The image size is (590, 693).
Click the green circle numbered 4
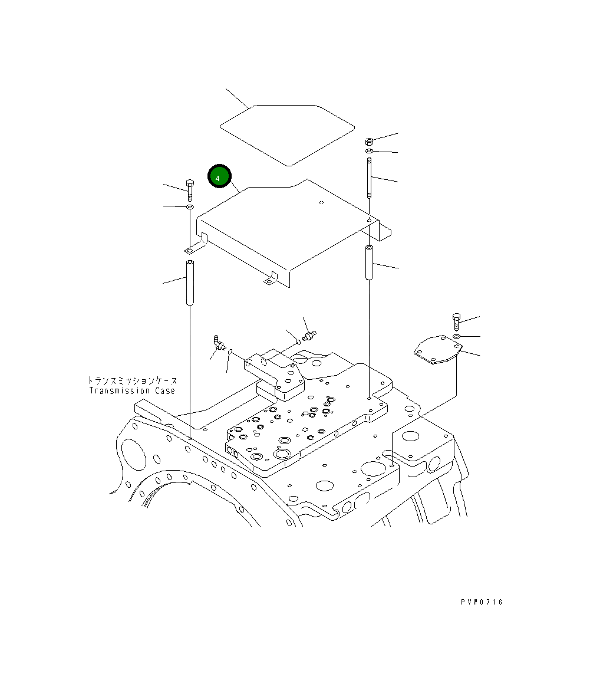point(220,176)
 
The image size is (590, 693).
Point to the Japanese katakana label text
point(132,381)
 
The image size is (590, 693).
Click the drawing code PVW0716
point(482,602)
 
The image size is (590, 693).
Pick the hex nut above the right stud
point(369,142)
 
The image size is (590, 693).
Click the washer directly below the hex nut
point(369,152)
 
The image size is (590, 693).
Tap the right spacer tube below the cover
point(368,263)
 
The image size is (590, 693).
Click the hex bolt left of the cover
point(189,189)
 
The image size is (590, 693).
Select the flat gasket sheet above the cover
point(287,134)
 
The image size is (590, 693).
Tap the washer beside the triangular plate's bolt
point(457,336)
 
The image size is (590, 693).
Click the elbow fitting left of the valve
point(219,343)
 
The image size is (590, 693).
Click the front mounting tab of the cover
point(269,280)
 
